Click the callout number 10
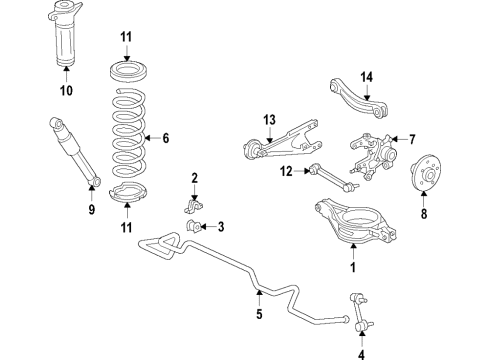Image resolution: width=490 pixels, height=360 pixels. (67, 92)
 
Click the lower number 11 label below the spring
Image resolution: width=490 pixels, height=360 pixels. (127, 228)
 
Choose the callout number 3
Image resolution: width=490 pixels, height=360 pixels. (221, 225)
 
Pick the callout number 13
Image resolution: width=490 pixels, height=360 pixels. (267, 121)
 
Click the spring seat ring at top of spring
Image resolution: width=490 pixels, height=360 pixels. (127, 72)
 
